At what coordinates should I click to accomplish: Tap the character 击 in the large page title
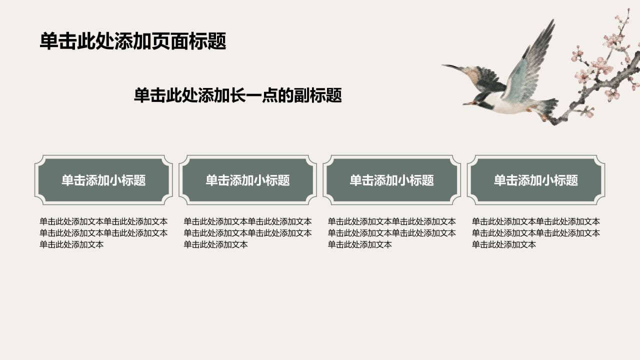(x=67, y=41)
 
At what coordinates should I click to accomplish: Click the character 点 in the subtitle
(x=270, y=95)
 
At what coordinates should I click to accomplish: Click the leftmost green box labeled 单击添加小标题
(x=103, y=180)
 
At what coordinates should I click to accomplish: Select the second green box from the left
(x=247, y=180)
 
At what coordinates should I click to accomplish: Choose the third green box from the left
(x=391, y=180)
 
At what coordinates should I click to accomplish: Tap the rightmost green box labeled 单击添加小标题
(x=536, y=180)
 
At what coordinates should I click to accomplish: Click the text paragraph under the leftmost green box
(x=103, y=233)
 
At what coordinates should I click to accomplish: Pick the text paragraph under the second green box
(x=247, y=233)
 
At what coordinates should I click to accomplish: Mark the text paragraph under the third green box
(x=391, y=233)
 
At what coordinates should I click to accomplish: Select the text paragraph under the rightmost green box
(x=535, y=233)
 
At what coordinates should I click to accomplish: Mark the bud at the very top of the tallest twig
(x=628, y=11)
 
